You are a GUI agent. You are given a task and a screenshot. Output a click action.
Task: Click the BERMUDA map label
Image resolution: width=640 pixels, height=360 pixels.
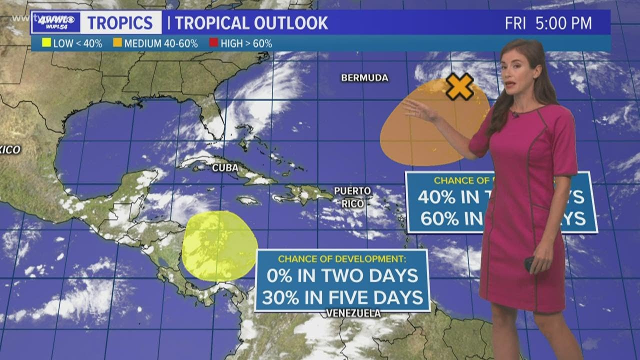click(364, 78)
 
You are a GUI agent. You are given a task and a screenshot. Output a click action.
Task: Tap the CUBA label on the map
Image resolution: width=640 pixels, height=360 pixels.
click(225, 167)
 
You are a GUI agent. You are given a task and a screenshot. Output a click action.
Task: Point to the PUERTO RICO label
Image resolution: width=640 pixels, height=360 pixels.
click(352, 197)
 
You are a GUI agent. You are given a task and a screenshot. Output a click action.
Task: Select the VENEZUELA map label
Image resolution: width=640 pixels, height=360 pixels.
click(353, 313)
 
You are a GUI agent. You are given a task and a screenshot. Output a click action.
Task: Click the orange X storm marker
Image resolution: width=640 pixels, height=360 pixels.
click(459, 86)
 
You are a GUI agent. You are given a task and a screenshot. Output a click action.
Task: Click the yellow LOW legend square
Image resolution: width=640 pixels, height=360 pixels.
click(47, 43)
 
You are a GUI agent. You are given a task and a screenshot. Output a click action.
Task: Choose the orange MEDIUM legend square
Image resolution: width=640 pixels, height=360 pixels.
click(117, 43)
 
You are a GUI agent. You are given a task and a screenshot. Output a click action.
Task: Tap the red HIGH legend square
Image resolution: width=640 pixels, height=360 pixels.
click(213, 43)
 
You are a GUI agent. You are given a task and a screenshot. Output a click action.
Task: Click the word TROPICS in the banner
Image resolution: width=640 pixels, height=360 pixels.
click(120, 23)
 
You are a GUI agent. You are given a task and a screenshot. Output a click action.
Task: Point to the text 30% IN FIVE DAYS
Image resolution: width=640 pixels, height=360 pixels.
click(342, 297)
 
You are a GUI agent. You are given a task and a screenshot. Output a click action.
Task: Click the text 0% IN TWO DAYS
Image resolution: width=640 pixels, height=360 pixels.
click(342, 274)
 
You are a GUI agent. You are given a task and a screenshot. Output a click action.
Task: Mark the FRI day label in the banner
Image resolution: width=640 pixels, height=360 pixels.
click(515, 23)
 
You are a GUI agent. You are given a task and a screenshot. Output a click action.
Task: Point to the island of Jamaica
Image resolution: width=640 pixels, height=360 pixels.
click(248, 200)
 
